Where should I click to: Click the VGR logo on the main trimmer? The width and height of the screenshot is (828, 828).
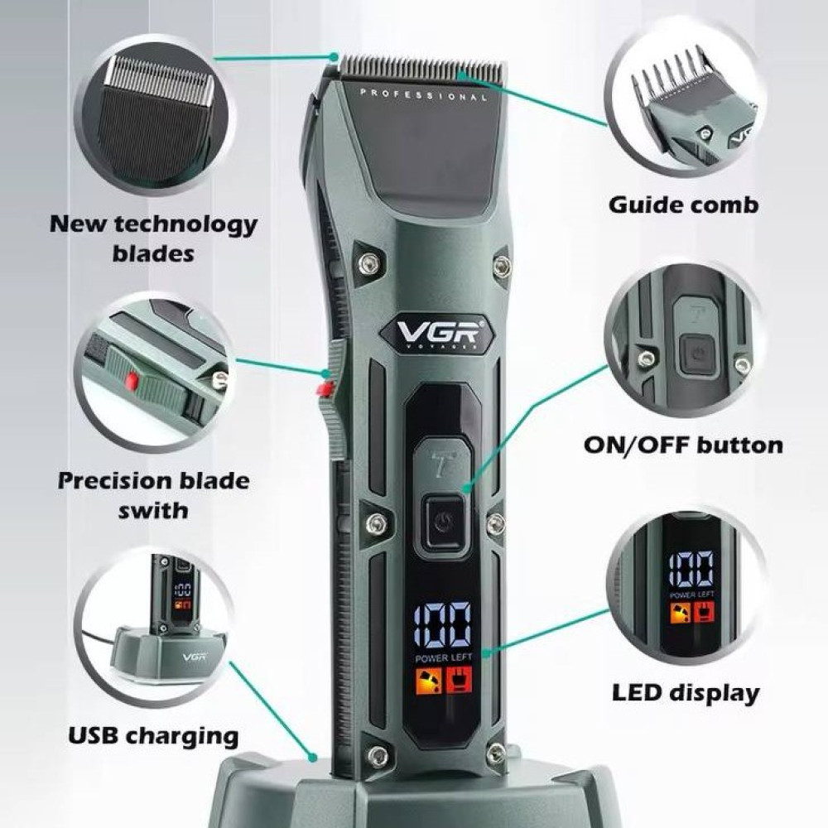[x=438, y=333]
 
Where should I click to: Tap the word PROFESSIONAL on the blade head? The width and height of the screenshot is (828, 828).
[x=423, y=95]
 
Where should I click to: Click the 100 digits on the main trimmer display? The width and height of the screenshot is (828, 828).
[x=443, y=624]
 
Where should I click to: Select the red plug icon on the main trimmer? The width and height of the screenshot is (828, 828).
[x=459, y=679]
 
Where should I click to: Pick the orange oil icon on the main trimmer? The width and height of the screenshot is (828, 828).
[x=429, y=679]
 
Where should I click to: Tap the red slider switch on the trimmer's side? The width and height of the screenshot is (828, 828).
[x=325, y=389]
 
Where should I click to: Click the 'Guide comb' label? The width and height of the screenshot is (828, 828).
[x=683, y=205]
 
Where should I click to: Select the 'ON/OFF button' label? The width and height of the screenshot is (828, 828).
[x=683, y=445]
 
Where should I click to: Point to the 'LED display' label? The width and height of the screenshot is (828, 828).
[x=686, y=693]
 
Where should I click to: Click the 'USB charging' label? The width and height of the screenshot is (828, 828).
[x=153, y=736]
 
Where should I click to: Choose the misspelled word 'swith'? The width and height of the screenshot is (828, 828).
[x=153, y=511]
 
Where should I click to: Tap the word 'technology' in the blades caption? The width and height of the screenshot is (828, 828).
[x=185, y=225]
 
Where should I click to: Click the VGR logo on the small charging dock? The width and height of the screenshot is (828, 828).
[x=195, y=657]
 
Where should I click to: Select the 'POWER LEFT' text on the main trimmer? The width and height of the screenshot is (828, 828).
[x=444, y=658]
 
